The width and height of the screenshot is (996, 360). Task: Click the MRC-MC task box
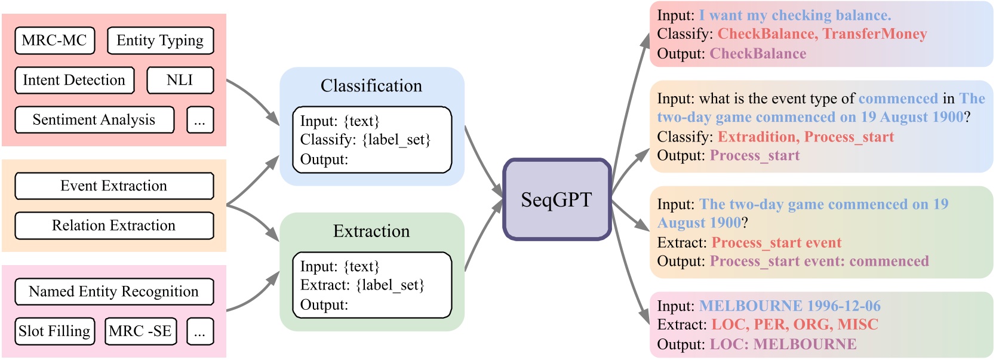pos(54,41)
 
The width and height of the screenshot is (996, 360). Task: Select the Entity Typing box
pos(160,41)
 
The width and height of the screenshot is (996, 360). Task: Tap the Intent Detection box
pos(74,80)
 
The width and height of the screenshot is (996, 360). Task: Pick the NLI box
pos(180,80)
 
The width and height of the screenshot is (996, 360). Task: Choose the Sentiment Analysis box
pos(94,120)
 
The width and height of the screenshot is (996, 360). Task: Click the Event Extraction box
pos(113,186)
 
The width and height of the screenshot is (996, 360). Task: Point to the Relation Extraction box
pos(113,226)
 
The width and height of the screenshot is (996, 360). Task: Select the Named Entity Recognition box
pos(113,291)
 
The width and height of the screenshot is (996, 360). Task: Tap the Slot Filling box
pos(54,331)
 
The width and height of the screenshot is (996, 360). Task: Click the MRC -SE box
pos(140,331)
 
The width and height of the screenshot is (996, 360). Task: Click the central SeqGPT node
pos(557,199)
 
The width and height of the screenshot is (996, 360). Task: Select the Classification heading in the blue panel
pos(371,86)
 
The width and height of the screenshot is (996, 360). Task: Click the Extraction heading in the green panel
pos(371,232)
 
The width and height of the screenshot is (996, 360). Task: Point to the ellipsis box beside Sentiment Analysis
pos(199,120)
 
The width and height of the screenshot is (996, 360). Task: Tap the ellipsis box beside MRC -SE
pos(199,331)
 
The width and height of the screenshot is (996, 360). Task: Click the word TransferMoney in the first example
pos(875,34)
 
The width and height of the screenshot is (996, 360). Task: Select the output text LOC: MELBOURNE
pos(783,344)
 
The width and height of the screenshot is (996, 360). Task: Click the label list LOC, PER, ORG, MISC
pos(795,325)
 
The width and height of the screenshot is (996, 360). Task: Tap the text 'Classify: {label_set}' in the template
pos(365,140)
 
